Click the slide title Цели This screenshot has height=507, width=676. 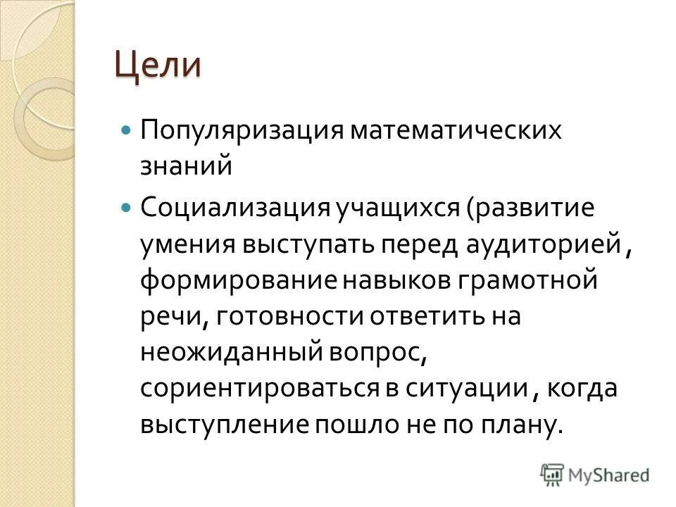(158, 65)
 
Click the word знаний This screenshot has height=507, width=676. (185, 167)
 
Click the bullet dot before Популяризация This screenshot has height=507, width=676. (126, 132)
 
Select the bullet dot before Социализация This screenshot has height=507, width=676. (126, 208)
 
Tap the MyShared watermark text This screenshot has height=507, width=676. (609, 475)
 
